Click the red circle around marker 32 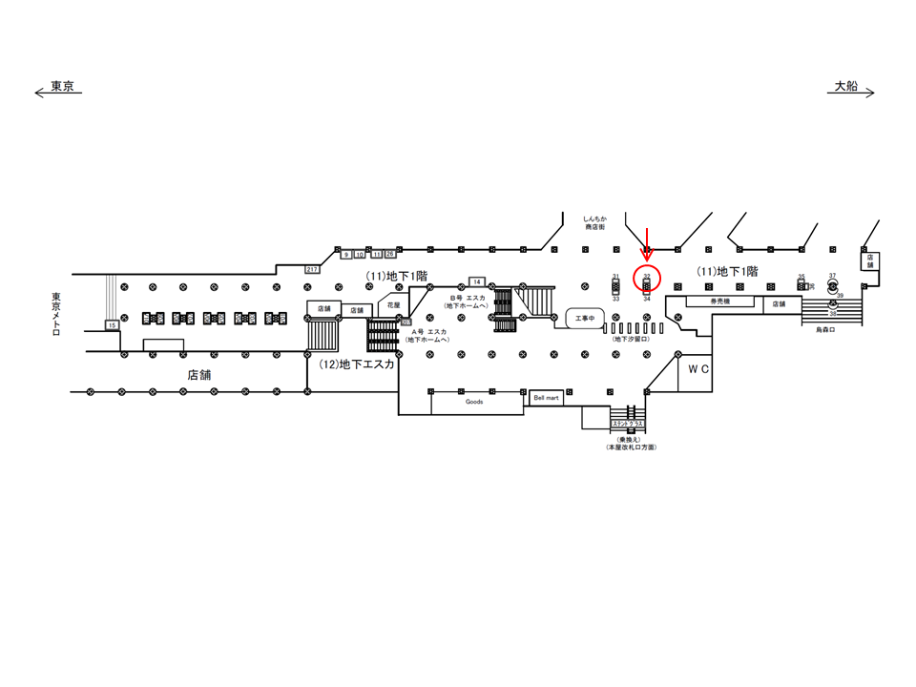(x=648, y=281)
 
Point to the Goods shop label (x=474, y=402)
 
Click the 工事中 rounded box (x=584, y=318)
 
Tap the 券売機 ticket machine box (x=719, y=302)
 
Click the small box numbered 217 (x=312, y=270)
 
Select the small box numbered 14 (x=477, y=281)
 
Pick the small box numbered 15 (x=112, y=325)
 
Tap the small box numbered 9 (x=345, y=255)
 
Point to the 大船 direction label (x=846, y=86)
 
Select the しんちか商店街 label (x=596, y=223)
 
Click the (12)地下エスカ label (x=357, y=364)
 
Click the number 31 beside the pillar (x=616, y=276)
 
